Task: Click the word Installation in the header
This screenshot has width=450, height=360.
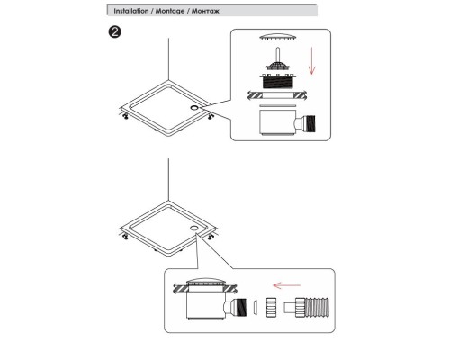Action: point(131,11)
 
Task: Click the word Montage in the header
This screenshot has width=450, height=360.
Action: point(170,11)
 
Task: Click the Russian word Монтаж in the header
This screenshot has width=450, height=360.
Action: point(205,11)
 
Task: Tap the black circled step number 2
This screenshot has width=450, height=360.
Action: point(114,31)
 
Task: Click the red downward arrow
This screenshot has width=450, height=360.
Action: point(312,60)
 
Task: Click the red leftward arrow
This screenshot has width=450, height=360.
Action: point(286,285)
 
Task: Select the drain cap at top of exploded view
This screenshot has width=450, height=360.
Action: point(278,37)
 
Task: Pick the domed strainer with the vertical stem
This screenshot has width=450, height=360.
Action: point(278,59)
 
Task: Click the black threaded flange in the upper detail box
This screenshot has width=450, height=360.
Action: point(278,81)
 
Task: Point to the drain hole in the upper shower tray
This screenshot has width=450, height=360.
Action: point(194,107)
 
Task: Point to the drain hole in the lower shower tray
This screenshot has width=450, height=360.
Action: point(193,228)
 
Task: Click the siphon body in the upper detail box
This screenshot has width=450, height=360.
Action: point(277,121)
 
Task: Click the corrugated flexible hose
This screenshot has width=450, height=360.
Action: point(312,307)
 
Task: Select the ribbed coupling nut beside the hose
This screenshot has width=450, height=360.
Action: point(271,307)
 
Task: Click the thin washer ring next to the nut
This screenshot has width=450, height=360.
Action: point(255,307)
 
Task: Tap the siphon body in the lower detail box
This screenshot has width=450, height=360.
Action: point(205,305)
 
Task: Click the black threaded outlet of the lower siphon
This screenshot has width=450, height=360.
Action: point(240,307)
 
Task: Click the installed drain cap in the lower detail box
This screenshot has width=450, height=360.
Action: point(205,283)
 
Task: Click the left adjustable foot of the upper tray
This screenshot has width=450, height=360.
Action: point(126,116)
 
